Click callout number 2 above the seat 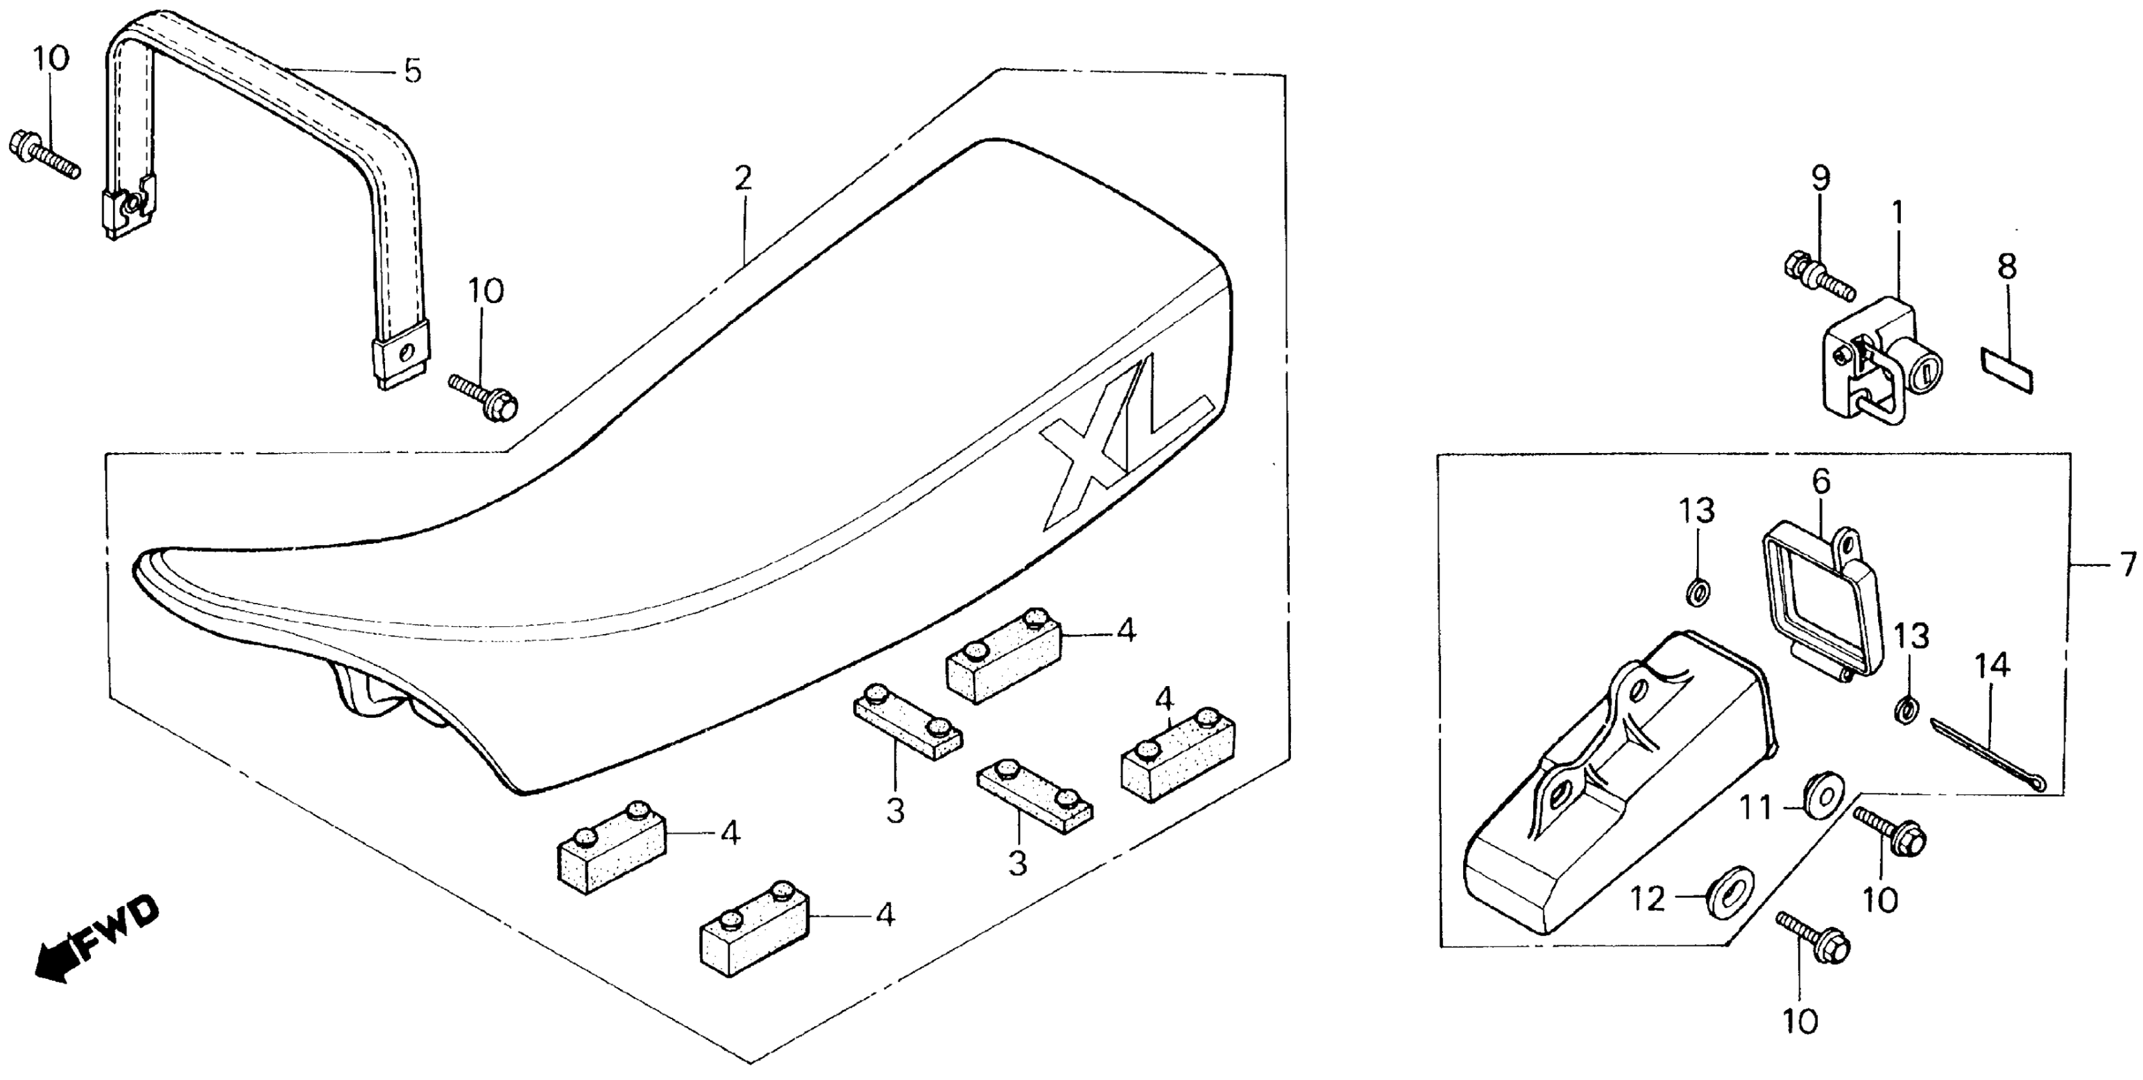[743, 177]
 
